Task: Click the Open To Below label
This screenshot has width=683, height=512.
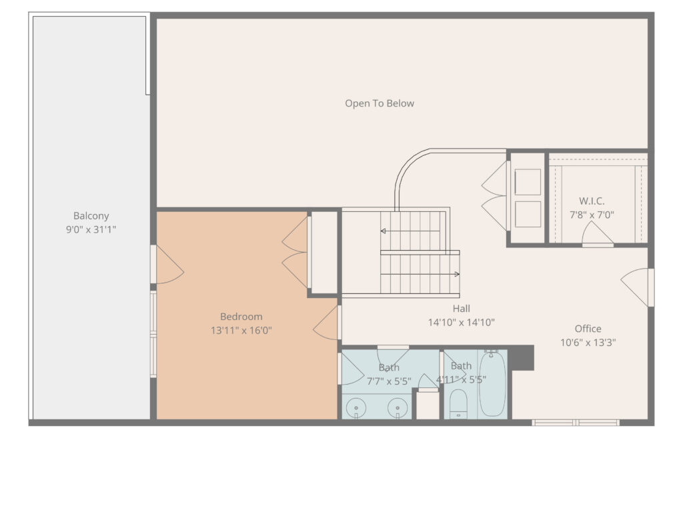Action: [379, 103]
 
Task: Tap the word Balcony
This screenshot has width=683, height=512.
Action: [91, 216]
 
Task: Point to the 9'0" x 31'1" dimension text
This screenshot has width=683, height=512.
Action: [91, 230]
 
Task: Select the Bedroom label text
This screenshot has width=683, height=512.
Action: [241, 317]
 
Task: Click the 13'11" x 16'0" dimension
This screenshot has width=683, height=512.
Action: [241, 330]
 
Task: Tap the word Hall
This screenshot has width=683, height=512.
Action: [461, 309]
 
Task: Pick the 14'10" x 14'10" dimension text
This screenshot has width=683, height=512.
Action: [461, 323]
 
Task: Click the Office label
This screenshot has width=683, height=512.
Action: [588, 329]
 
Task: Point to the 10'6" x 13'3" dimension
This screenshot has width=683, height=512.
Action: [588, 343]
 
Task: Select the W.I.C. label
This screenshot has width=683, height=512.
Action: [592, 201]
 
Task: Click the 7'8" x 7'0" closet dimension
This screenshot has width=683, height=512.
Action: [592, 215]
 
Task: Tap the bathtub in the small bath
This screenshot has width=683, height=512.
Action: [492, 385]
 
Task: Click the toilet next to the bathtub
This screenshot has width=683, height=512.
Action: [458, 403]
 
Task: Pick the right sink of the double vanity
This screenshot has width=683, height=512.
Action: [398, 406]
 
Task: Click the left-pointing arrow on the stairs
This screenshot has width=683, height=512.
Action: [384, 231]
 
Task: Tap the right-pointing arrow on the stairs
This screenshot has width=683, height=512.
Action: [456, 274]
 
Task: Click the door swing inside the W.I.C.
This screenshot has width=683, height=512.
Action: [596, 235]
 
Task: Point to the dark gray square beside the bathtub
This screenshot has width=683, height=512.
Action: [522, 357]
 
